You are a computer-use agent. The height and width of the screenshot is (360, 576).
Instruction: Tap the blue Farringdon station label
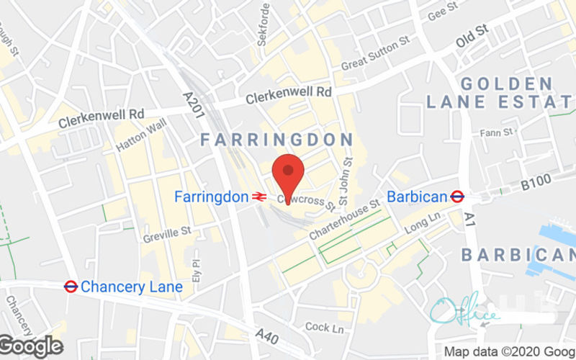pos(212,197)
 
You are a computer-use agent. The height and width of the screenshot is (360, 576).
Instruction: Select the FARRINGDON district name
pos(276,139)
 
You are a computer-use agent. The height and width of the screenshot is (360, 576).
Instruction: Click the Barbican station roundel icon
pos(456,196)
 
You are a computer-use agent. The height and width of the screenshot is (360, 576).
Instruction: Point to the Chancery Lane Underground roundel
pos(71,287)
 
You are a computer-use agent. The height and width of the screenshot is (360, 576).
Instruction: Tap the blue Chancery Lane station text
pos(132,287)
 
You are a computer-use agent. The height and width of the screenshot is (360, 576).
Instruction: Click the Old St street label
pos(472,38)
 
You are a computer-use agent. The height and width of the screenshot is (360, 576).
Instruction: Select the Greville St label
pos(166,231)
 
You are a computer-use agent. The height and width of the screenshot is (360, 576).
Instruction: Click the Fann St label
pos(497,132)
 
